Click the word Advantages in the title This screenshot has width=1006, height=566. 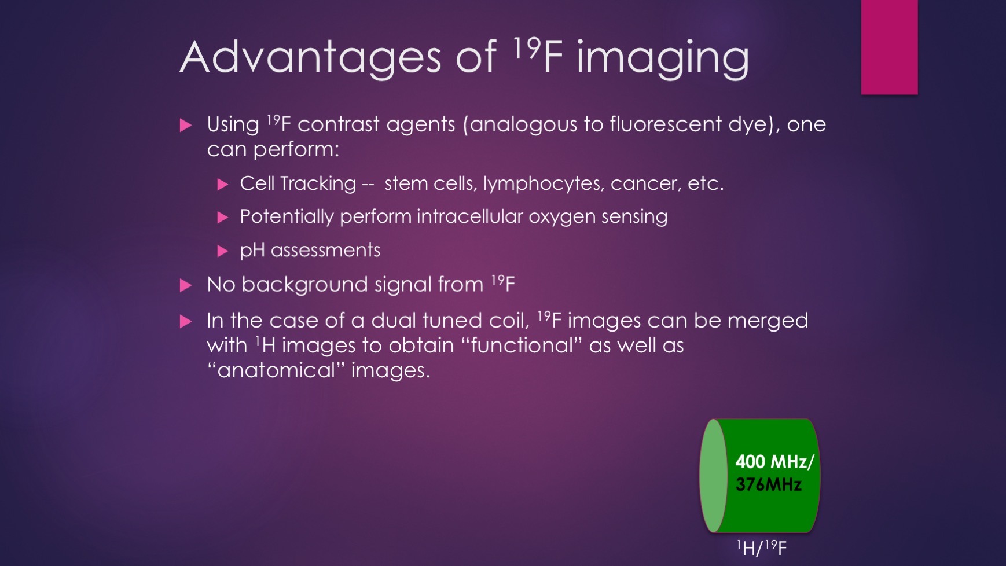(311, 58)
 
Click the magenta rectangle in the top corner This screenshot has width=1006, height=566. (889, 47)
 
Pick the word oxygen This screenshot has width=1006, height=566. (561, 218)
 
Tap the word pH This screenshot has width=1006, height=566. (252, 251)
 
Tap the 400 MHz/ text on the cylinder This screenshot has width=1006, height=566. (774, 462)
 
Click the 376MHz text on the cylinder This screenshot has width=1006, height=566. (768, 484)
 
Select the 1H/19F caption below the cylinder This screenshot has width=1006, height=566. (761, 547)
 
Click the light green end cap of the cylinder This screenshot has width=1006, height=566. (713, 475)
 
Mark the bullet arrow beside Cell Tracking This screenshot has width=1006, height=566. (223, 185)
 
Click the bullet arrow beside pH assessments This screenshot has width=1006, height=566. (223, 251)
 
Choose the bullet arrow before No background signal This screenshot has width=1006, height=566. (186, 285)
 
